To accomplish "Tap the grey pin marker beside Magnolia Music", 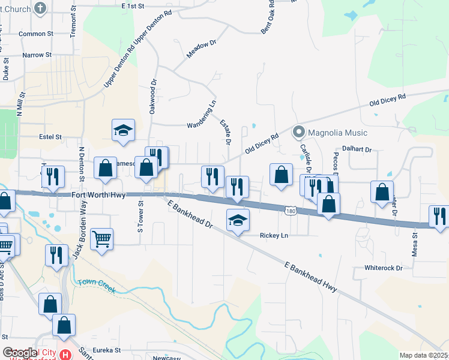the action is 298,131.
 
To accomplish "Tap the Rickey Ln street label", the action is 274,236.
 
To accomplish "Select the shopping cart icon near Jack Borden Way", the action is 101,239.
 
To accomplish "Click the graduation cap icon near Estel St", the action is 123,130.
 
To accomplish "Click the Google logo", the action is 20,353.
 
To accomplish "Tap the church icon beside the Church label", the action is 40,8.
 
